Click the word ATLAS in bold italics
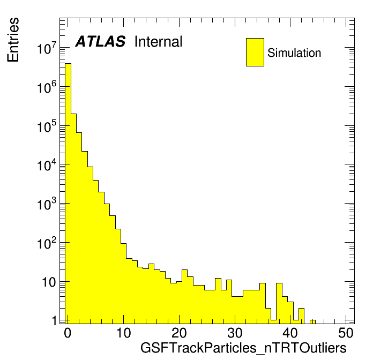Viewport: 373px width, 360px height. (x=100, y=41)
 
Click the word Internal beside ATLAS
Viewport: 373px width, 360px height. (x=158, y=41)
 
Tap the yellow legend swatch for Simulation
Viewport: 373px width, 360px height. (x=255, y=52)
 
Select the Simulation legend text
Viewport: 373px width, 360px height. (x=294, y=53)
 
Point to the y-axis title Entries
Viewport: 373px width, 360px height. (x=13, y=40)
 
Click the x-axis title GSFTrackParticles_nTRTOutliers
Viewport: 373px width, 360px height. (x=243, y=348)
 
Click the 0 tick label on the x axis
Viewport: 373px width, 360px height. (x=68, y=333)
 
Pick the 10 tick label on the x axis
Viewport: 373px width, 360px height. (x=123, y=333)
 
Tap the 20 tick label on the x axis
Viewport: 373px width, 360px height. (x=179, y=333)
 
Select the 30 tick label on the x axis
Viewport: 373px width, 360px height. (x=235, y=333)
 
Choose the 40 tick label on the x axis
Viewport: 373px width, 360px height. (x=290, y=333)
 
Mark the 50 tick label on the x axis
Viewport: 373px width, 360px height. (x=346, y=333)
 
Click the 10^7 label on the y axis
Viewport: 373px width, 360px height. (x=47, y=48)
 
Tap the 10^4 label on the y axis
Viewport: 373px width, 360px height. (x=47, y=165)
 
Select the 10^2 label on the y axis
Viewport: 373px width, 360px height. (x=47, y=243)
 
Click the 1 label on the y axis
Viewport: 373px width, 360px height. (x=55, y=321)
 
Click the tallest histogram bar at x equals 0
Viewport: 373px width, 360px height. (x=68, y=193)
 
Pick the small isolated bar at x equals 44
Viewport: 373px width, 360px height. (x=312, y=322)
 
